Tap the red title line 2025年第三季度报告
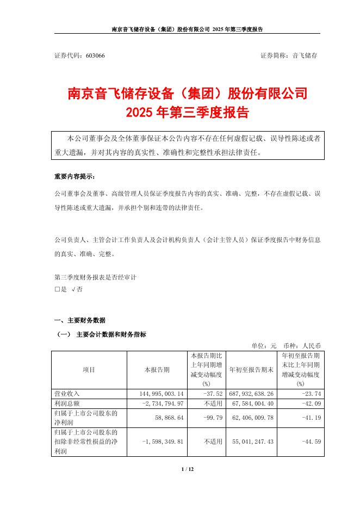pyautogui.click(x=187, y=113)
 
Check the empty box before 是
pyautogui.click(x=57, y=290)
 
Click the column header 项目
pyautogui.click(x=89, y=370)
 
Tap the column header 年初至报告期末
pyautogui.click(x=250, y=370)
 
